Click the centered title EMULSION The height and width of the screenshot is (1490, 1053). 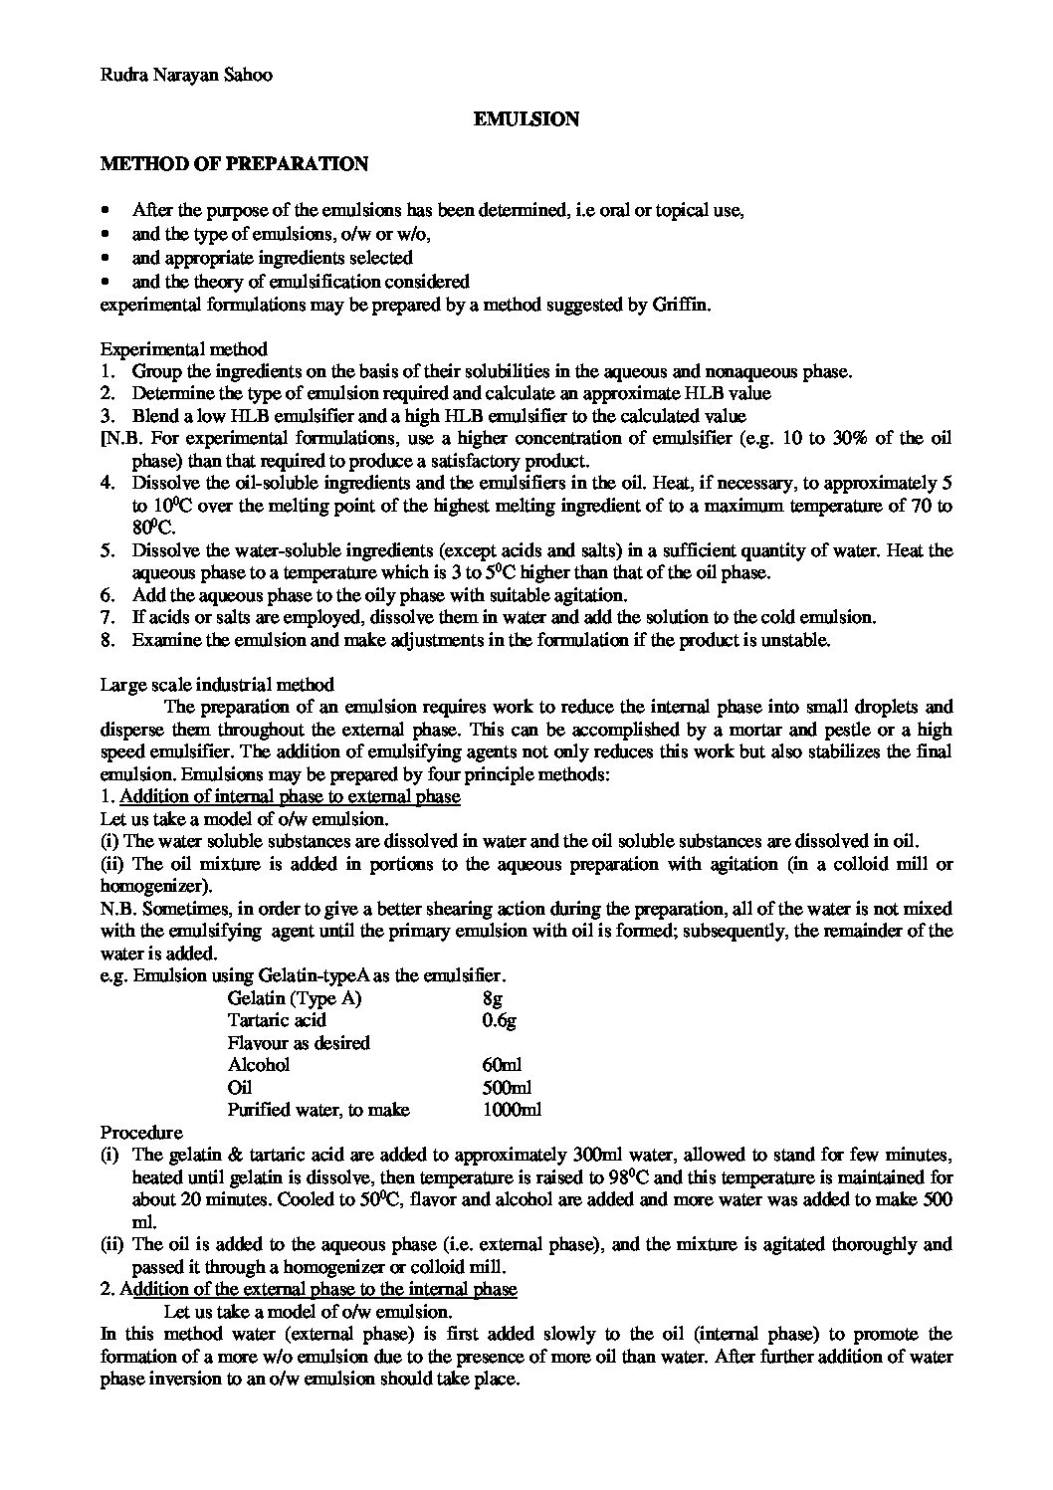[526, 119]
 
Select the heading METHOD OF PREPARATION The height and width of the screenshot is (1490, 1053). [234, 164]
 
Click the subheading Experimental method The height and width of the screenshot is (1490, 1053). [184, 349]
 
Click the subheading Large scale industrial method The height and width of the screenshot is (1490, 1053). [217, 684]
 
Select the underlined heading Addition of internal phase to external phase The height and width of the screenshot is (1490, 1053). [290, 796]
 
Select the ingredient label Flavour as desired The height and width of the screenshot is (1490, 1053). [299, 1043]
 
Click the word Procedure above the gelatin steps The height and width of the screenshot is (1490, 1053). [141, 1133]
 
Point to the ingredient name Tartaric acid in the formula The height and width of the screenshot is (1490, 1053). [277, 1020]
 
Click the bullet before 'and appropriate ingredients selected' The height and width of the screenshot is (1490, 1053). [106, 258]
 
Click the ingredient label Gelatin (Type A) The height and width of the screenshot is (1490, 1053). [295, 998]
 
